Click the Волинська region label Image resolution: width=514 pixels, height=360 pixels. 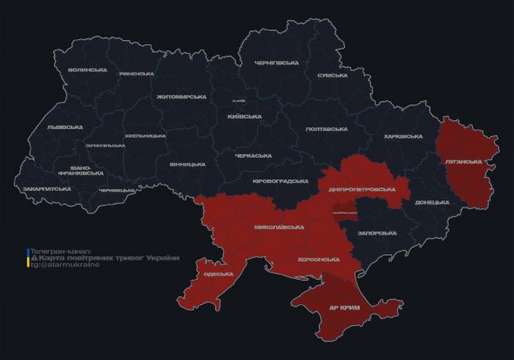point(90,70)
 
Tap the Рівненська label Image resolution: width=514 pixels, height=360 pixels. point(137,74)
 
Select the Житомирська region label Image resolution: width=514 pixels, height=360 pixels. point(182,97)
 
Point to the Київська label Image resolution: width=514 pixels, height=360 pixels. point(244,117)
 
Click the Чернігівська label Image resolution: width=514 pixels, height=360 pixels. point(276,63)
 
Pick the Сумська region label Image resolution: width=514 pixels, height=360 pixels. point(333,76)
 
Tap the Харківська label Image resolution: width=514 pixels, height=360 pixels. point(402,136)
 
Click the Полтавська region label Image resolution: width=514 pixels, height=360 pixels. point(327,129)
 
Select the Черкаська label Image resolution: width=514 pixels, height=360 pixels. point(253,156)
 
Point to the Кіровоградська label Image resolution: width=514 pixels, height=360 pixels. point(280,181)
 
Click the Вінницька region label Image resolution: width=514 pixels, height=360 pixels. point(187,164)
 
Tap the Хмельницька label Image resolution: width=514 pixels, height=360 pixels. point(145,136)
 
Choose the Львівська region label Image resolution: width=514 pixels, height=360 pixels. point(64,127)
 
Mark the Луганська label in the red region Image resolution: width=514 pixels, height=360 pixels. point(463,162)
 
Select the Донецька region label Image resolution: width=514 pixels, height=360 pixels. point(432,202)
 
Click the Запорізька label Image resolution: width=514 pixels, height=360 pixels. point(378,233)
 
